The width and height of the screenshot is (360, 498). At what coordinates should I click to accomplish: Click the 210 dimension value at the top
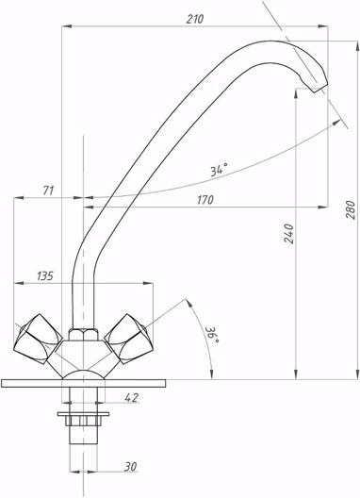pos(194,19)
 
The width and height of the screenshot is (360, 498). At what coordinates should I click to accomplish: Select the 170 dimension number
pos(205,200)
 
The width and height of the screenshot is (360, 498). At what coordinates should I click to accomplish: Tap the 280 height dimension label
pos(351,209)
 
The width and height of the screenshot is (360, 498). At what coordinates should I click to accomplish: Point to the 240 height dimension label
pos(289,234)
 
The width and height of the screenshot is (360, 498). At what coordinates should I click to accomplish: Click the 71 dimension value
pos(48,191)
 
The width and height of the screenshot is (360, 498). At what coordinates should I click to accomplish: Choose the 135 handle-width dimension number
pos(45,276)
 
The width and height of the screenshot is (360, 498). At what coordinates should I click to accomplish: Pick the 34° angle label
pos(220,170)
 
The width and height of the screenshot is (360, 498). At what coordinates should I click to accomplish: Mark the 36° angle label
pos(212,335)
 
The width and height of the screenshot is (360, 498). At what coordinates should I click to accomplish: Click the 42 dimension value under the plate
pos(132,397)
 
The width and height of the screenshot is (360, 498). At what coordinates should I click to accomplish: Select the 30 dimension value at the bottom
pos(130,467)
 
